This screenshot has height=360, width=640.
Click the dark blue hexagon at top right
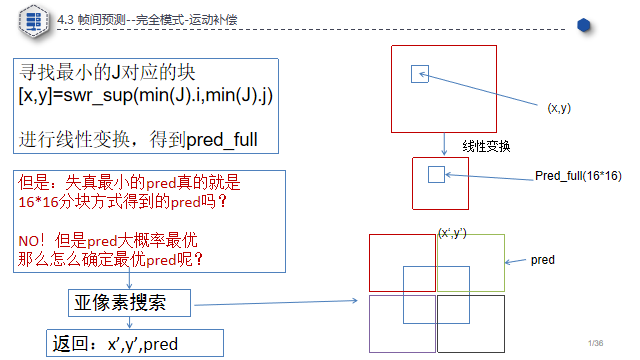pyautogui.click(x=583, y=25)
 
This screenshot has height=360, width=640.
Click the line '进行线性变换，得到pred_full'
pyautogui.click(x=138, y=139)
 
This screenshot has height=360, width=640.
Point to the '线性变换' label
pyautogui.click(x=487, y=146)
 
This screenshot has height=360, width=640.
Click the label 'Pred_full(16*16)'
pyautogui.click(x=578, y=176)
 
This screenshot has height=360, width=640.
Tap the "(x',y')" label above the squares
pyautogui.click(x=452, y=232)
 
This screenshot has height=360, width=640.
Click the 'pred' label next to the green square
pyautogui.click(x=543, y=260)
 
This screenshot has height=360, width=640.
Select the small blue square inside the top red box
pyautogui.click(x=420, y=73)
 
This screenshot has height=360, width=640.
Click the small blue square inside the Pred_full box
pyautogui.click(x=436, y=175)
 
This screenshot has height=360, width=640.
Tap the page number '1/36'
pyautogui.click(x=597, y=343)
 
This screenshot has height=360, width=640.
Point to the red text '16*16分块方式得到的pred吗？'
pyautogui.click(x=123, y=201)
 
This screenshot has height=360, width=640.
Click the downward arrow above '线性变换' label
pyautogui.click(x=443, y=144)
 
